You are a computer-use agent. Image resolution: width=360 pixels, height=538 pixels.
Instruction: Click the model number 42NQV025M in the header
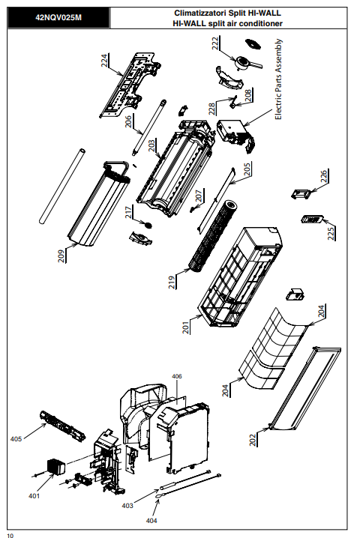click(x=58, y=17)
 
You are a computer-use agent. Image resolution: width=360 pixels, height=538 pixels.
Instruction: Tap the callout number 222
click(x=215, y=43)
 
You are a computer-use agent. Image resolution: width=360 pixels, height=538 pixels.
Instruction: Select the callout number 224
click(x=104, y=61)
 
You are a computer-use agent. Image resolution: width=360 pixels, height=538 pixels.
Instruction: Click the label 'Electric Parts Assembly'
click(x=278, y=79)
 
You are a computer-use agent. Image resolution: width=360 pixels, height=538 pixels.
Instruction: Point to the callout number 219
click(x=172, y=282)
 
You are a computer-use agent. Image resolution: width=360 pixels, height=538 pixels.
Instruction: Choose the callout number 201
click(x=186, y=327)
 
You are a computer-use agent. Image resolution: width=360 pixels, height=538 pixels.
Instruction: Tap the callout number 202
click(x=253, y=440)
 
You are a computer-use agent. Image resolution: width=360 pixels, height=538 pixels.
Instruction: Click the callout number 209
click(x=61, y=256)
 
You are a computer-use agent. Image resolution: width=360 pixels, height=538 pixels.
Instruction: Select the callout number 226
click(x=324, y=176)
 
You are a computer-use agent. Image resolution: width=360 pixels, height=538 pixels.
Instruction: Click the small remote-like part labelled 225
click(x=312, y=219)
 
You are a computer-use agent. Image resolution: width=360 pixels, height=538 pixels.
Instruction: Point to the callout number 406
click(x=177, y=376)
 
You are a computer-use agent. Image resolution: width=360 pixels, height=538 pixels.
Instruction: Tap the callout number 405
click(x=16, y=439)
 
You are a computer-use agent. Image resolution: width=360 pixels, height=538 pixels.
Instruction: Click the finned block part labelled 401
click(x=56, y=467)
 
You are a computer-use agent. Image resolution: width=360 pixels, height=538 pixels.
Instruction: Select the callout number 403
click(x=127, y=506)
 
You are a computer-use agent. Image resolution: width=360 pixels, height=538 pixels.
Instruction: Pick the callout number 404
click(x=151, y=521)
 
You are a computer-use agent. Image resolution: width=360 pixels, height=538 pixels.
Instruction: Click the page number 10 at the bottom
click(x=10, y=536)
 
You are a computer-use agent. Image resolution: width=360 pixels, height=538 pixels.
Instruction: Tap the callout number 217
click(x=128, y=212)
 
